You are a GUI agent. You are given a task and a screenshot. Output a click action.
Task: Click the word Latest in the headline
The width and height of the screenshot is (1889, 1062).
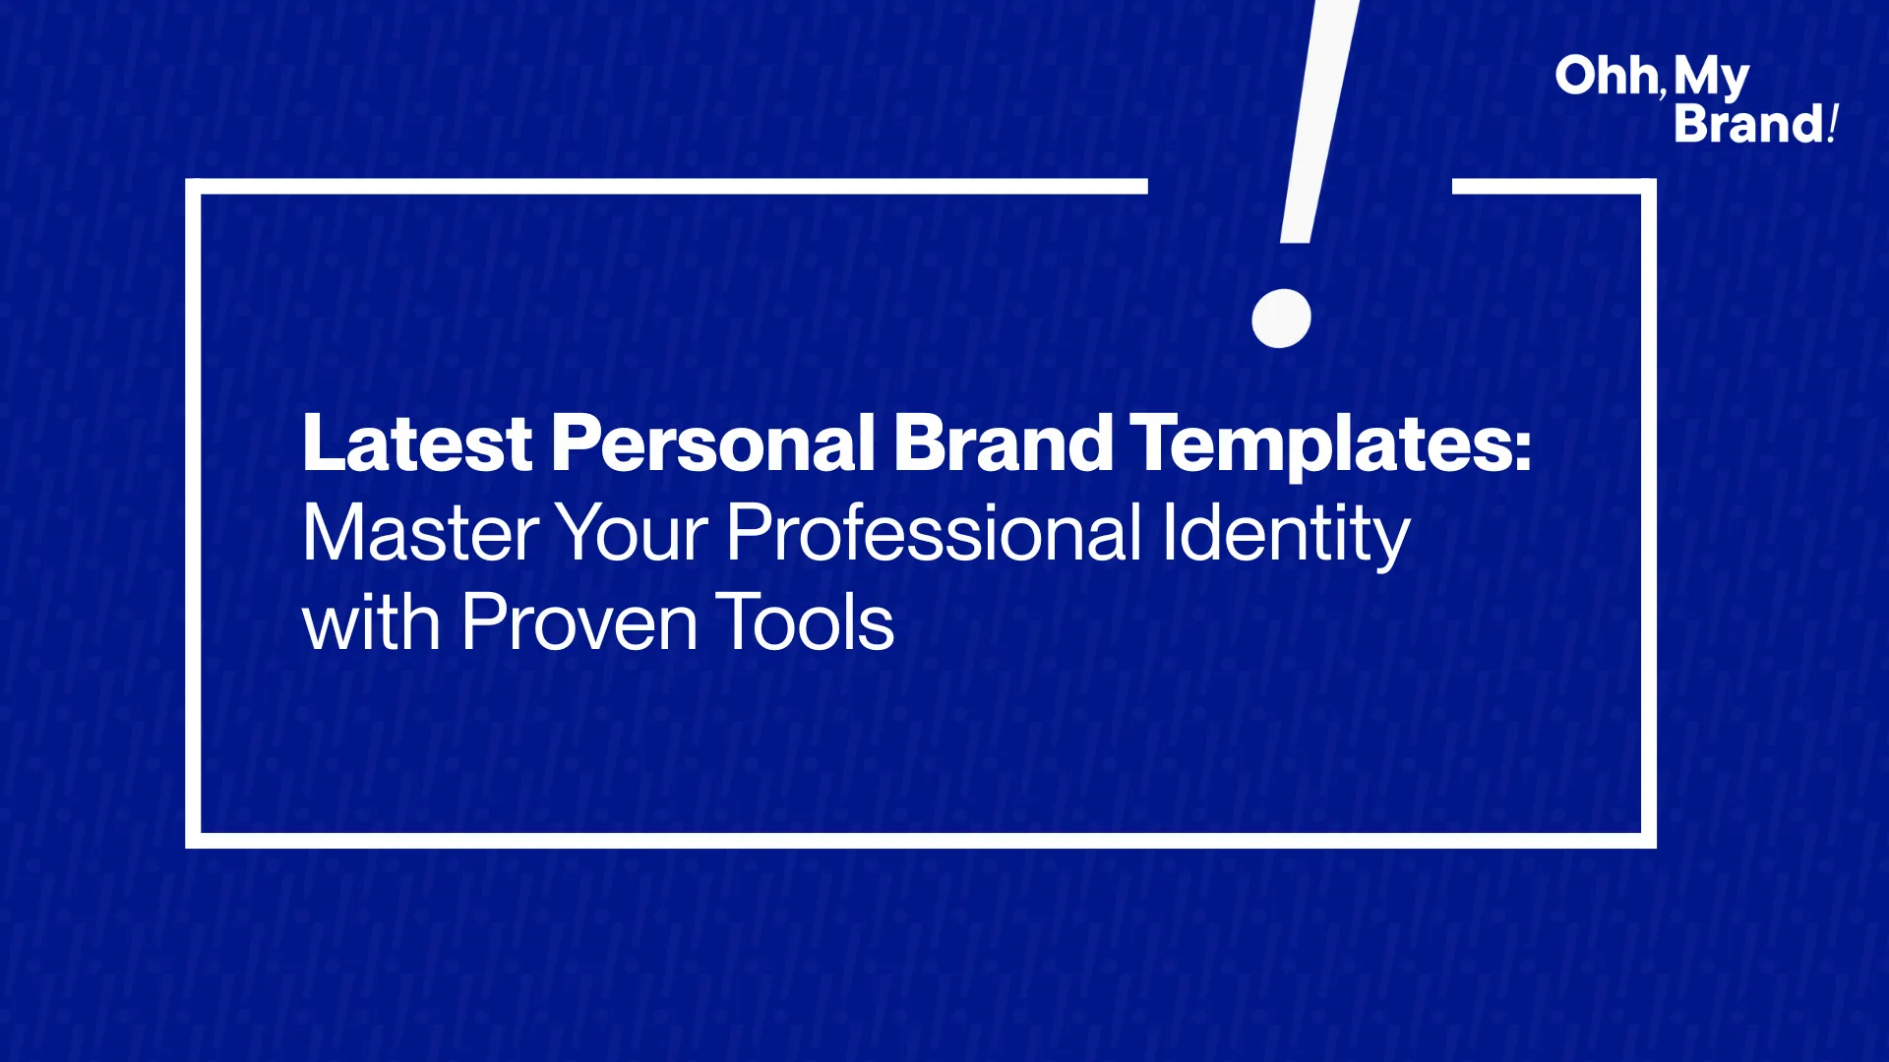tap(417, 442)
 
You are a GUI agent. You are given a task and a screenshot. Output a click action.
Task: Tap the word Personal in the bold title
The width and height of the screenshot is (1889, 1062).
tap(713, 442)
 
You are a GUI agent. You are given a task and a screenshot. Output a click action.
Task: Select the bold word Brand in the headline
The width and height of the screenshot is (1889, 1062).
tap(1003, 442)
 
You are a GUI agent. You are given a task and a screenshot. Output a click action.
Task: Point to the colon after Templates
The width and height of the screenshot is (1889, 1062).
tap(1523, 451)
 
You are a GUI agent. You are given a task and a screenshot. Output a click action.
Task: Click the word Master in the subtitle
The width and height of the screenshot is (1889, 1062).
tap(420, 533)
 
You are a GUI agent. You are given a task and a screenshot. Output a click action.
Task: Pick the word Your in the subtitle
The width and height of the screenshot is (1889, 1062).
tap(632, 533)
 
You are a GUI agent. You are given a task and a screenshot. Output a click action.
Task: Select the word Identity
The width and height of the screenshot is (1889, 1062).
tap(1286, 537)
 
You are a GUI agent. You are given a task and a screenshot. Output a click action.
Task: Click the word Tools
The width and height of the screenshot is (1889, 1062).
tap(805, 622)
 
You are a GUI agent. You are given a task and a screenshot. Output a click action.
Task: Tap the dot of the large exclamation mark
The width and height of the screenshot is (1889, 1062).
tap(1281, 319)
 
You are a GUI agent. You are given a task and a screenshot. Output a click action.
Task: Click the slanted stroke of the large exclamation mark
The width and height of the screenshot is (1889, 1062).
tap(1319, 121)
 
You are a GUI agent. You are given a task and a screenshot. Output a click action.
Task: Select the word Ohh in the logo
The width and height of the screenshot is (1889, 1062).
tap(1606, 76)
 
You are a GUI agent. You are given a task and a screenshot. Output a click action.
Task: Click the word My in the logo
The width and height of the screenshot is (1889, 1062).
tap(1712, 79)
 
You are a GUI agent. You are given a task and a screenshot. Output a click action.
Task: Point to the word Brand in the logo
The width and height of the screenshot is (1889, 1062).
tap(1748, 124)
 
